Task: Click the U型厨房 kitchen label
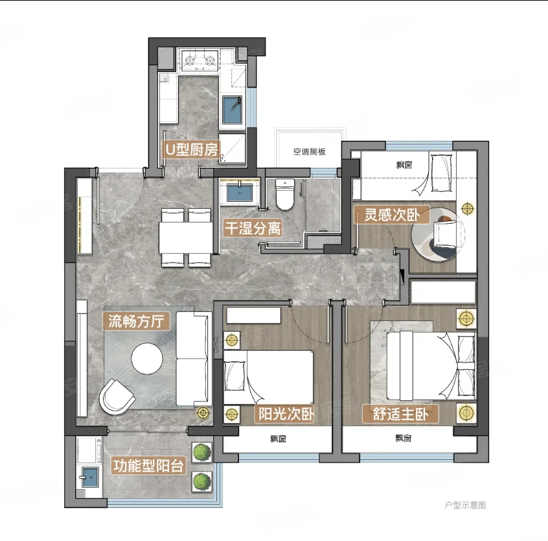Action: click(x=192, y=149)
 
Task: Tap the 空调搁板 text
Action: click(x=309, y=152)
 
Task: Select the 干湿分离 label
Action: click(x=253, y=228)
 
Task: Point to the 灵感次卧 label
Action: click(x=391, y=215)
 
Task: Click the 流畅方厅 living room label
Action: click(x=136, y=321)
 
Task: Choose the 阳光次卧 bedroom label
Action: click(x=286, y=414)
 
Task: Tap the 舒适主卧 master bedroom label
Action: click(x=400, y=414)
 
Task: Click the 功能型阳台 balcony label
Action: click(x=148, y=466)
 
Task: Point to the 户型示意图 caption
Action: click(x=465, y=505)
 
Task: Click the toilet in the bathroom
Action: click(x=285, y=194)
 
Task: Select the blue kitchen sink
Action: click(x=233, y=110)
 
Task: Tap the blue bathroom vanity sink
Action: click(x=240, y=193)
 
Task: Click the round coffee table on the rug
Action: click(x=147, y=359)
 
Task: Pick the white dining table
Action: click(x=186, y=237)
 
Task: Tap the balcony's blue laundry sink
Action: click(x=90, y=476)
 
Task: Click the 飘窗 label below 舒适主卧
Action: click(x=404, y=438)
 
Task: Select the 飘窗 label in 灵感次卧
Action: click(x=404, y=165)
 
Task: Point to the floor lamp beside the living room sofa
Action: click(x=203, y=413)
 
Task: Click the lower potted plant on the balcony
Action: click(x=202, y=481)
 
